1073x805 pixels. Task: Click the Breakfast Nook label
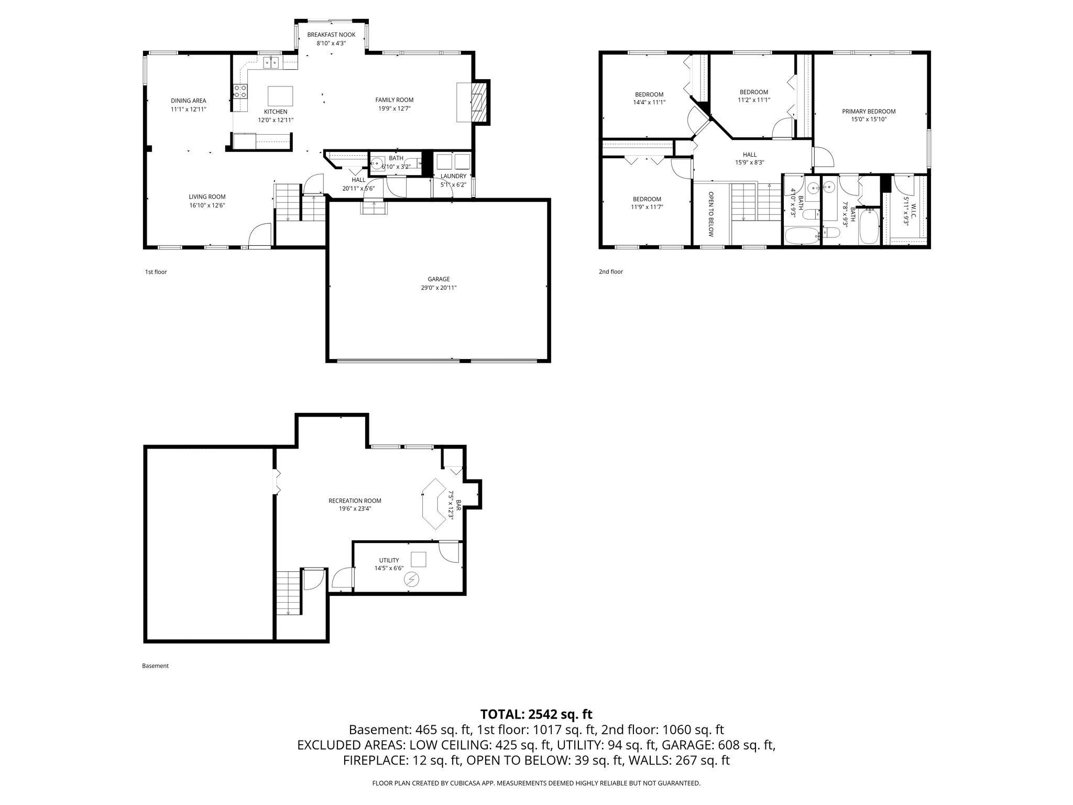pos(331,35)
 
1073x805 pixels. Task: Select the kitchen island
pos(280,96)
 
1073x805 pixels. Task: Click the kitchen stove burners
pos(240,91)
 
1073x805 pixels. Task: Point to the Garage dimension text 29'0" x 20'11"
pos(439,288)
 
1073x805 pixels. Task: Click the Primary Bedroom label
pos(869,111)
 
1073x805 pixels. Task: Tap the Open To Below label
pos(711,214)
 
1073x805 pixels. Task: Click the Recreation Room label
pos(355,501)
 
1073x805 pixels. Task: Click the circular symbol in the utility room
pos(412,579)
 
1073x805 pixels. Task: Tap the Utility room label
pos(389,560)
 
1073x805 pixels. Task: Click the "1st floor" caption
pos(156,272)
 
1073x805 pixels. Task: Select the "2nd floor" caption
pos(611,271)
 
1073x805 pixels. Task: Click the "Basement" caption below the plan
pos(155,666)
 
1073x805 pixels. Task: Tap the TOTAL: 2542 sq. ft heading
pos(536,714)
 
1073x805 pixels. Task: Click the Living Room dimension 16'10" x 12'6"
pos(207,205)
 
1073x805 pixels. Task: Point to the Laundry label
pos(453,176)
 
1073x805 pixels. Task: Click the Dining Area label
pos(189,101)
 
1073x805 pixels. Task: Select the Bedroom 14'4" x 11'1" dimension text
pos(649,103)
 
